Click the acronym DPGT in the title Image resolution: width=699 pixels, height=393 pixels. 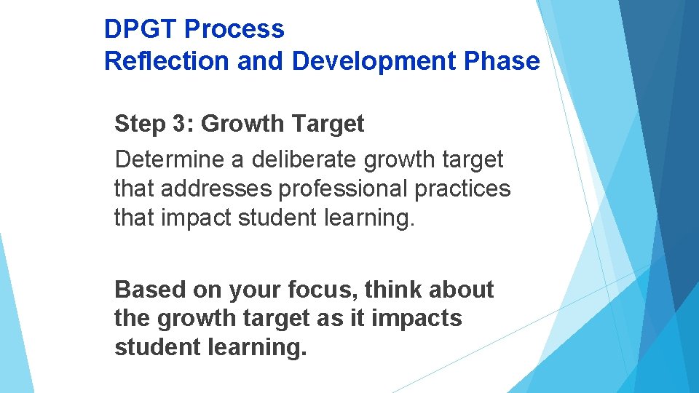coord(141,30)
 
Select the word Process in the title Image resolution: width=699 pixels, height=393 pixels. coord(234,30)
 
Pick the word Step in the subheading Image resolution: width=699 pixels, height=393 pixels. coord(138,124)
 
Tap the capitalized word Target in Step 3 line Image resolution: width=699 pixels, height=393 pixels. coord(328,124)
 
